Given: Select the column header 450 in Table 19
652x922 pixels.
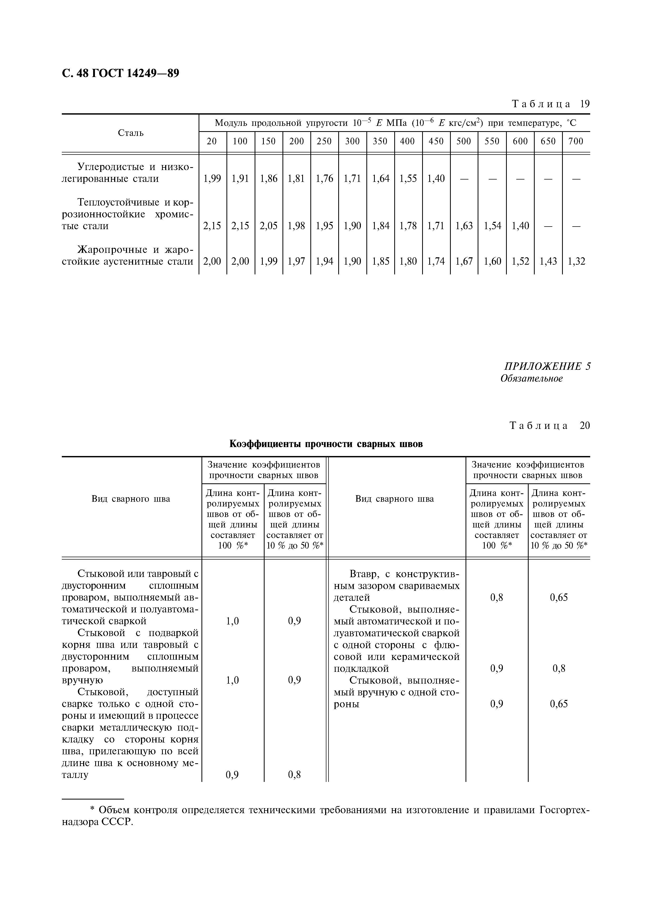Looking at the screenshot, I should [x=436, y=141].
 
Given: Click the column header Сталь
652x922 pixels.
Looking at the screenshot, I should [x=130, y=133].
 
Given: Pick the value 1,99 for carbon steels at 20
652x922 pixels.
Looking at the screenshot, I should [x=212, y=179].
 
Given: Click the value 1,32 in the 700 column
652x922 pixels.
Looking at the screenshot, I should [x=576, y=262].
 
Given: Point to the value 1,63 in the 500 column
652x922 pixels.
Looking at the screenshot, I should [x=464, y=226].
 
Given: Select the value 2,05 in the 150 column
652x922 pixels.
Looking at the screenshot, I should [x=268, y=226].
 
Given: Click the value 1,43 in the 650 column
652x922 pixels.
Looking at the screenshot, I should [x=548, y=262].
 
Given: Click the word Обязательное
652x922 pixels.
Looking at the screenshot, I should [x=531, y=378].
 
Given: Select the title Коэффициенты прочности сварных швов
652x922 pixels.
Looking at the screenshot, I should [x=326, y=444].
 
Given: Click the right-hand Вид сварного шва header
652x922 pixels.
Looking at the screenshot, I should [x=395, y=499].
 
